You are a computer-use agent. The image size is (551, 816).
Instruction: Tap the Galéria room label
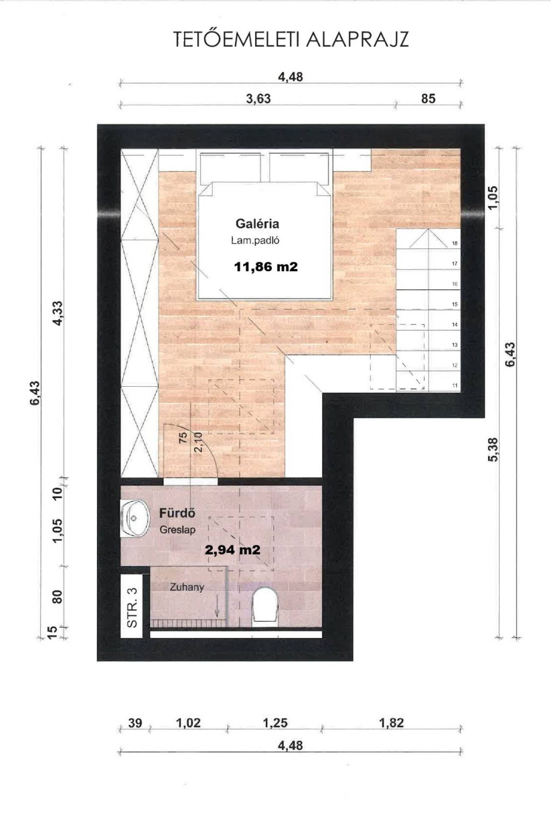[257, 223]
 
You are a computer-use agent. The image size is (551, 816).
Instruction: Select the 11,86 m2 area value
[266, 267]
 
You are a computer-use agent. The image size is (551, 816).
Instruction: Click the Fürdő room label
[177, 513]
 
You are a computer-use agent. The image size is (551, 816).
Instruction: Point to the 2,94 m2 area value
[232, 549]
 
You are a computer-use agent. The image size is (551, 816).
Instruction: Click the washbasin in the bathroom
[135, 517]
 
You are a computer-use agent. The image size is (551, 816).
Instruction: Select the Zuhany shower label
[187, 587]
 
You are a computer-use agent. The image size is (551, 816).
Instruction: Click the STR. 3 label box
[132, 607]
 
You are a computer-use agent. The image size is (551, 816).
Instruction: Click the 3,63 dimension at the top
[258, 99]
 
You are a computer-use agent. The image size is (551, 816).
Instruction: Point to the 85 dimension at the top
[428, 99]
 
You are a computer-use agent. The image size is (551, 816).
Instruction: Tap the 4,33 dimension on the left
[58, 313]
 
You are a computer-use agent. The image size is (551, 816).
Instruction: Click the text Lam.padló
[255, 240]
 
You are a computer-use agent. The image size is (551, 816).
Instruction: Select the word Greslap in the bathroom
[178, 530]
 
